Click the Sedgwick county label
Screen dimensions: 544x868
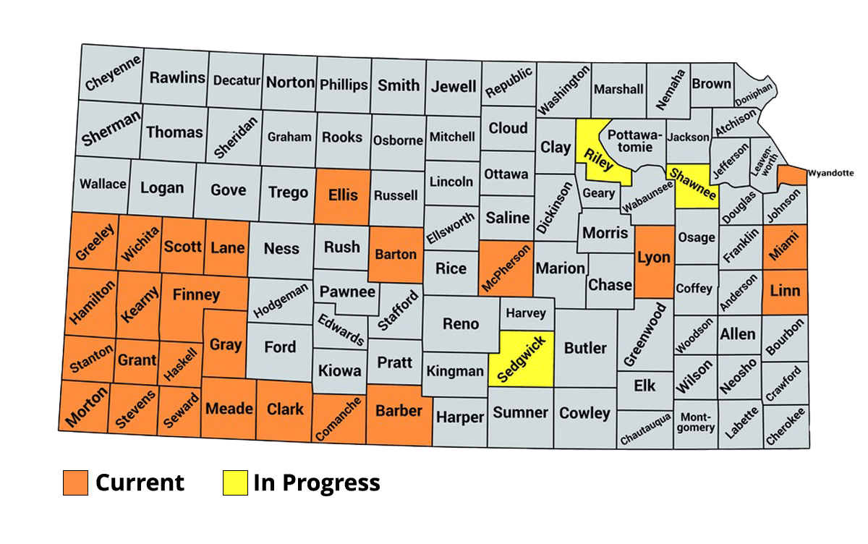click(520, 359)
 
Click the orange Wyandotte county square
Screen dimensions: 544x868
click(793, 175)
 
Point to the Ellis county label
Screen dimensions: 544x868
click(343, 195)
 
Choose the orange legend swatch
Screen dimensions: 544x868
click(75, 483)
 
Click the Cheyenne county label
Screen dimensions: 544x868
click(113, 75)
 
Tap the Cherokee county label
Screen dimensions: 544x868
click(785, 427)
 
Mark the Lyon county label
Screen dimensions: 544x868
click(653, 257)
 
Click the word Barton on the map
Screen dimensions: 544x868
click(396, 254)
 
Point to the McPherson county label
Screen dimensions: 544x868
click(506, 268)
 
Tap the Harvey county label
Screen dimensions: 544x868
click(526, 313)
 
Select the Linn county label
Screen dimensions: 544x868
click(785, 291)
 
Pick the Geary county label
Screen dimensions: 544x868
click(599, 193)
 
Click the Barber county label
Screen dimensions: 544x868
click(399, 410)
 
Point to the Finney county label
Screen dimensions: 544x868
click(196, 294)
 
